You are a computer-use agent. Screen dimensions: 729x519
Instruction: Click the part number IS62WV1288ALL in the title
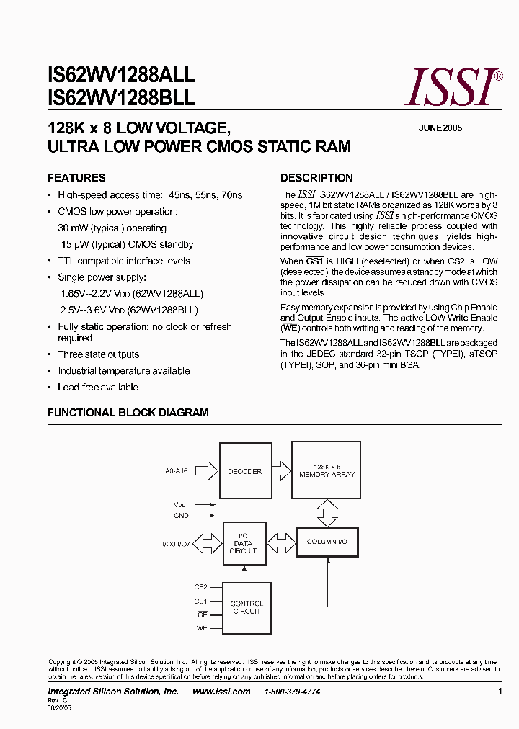[121, 74]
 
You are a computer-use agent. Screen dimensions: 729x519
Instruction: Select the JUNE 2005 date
[440, 128]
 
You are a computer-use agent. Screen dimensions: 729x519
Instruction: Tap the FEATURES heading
[76, 178]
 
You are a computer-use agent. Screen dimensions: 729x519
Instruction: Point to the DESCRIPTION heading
[316, 178]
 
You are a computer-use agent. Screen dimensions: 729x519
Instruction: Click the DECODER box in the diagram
[244, 472]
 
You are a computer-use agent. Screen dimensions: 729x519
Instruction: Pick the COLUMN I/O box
[327, 541]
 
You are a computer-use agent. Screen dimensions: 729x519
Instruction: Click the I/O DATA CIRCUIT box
[243, 542]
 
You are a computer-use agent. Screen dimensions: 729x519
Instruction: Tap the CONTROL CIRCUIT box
[246, 607]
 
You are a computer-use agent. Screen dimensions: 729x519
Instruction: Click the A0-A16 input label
[177, 471]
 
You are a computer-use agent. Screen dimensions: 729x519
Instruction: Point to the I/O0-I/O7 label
[177, 541]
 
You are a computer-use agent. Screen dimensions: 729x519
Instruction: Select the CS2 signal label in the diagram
[200, 587]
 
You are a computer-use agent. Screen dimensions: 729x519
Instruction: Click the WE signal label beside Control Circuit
[202, 628]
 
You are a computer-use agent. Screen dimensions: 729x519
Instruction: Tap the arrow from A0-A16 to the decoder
[206, 471]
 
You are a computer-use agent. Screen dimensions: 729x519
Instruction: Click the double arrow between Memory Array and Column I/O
[327, 513]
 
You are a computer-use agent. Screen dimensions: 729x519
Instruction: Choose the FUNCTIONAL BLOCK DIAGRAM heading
[128, 413]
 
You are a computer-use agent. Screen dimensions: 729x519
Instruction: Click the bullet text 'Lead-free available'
[98, 387]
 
